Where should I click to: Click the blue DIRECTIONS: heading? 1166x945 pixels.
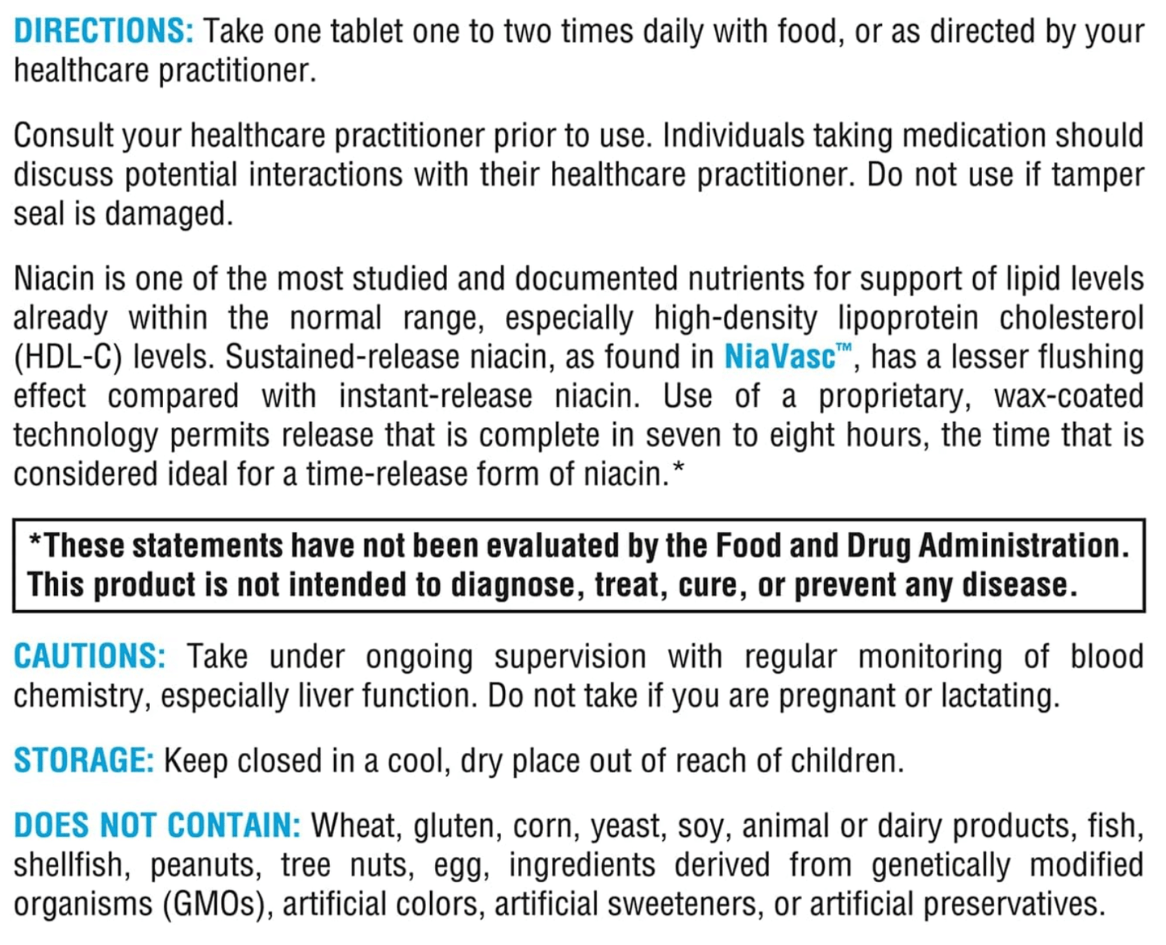pyautogui.click(x=103, y=31)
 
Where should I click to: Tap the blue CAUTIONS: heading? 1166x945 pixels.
pyautogui.click(x=90, y=657)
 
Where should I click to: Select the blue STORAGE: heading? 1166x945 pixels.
pyautogui.click(x=83, y=761)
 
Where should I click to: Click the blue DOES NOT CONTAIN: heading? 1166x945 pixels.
pyautogui.click(x=157, y=826)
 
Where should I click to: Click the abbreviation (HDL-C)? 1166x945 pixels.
pyautogui.click(x=67, y=357)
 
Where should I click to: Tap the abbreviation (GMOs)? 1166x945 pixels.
pyautogui.click(x=215, y=904)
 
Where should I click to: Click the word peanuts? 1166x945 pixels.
pyautogui.click(x=206, y=865)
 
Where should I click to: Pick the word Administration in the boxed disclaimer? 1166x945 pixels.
pyautogui.click(x=1024, y=546)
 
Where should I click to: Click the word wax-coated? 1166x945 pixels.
pyautogui.click(x=1068, y=396)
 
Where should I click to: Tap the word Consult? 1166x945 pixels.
pyautogui.click(x=63, y=136)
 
